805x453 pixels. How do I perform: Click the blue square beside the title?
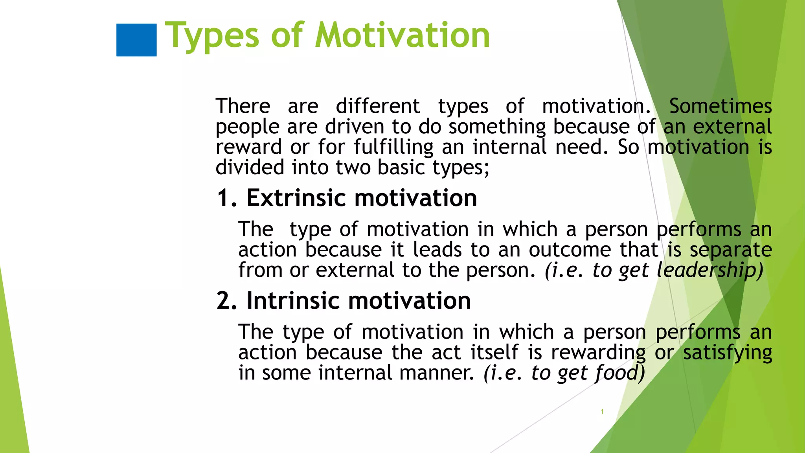point(136,40)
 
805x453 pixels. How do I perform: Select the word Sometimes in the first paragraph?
point(720,106)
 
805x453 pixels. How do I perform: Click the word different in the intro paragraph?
point(378,106)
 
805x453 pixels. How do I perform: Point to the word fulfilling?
point(393,147)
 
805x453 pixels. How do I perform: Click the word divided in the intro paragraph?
point(250,168)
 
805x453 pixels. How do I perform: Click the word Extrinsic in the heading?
point(296,198)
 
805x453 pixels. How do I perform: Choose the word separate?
point(731,250)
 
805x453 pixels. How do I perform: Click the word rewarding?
point(598,353)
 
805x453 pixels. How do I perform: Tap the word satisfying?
point(727,353)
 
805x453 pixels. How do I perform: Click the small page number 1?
point(602,412)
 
